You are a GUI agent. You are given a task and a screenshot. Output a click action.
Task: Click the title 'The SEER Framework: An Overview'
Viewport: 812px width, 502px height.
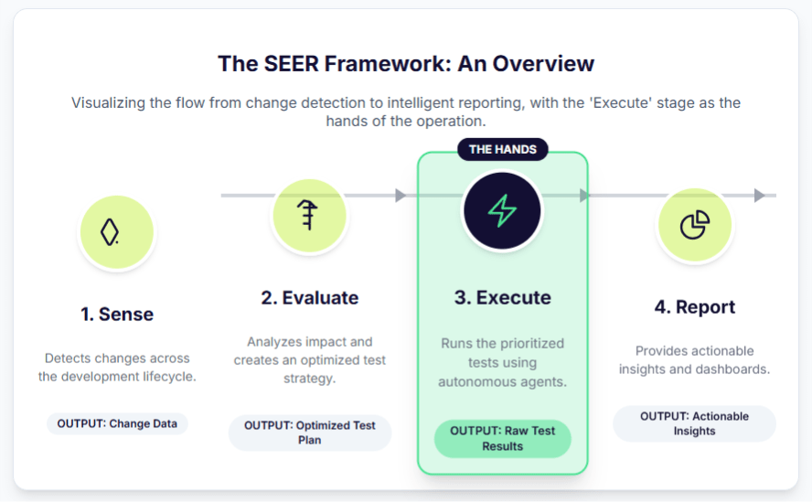(x=406, y=63)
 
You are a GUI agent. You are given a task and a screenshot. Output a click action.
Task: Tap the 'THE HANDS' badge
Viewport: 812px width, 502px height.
(x=502, y=149)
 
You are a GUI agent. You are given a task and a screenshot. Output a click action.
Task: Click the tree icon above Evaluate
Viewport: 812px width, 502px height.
(x=309, y=217)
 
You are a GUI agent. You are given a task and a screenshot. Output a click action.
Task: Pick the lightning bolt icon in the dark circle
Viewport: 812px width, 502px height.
(x=502, y=211)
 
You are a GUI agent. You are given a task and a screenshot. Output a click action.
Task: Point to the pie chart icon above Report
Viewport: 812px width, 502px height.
(x=695, y=224)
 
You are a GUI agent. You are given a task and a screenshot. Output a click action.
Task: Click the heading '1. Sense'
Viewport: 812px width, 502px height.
(x=117, y=314)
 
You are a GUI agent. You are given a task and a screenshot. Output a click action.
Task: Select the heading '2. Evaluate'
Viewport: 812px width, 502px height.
(x=310, y=297)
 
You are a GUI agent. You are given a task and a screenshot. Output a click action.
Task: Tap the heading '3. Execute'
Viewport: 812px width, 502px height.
(x=502, y=297)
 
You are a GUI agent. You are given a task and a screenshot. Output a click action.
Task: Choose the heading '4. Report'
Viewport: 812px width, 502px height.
(x=695, y=306)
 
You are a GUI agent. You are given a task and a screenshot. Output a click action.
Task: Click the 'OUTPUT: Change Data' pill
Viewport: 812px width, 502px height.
(x=117, y=423)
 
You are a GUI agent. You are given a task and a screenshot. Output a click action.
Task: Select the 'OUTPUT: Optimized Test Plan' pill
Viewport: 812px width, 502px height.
(x=310, y=433)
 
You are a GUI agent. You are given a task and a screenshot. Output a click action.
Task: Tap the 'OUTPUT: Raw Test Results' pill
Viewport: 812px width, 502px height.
(x=502, y=439)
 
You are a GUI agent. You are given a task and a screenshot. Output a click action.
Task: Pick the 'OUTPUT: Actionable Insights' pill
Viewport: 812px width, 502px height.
(x=695, y=423)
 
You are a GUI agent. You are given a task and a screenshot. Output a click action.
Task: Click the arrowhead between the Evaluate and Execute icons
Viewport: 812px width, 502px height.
(x=401, y=195)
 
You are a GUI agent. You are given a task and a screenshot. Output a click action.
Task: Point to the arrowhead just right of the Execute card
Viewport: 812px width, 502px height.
(x=585, y=195)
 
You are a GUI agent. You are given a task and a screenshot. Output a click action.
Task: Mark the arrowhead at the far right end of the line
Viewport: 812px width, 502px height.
(x=760, y=195)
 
